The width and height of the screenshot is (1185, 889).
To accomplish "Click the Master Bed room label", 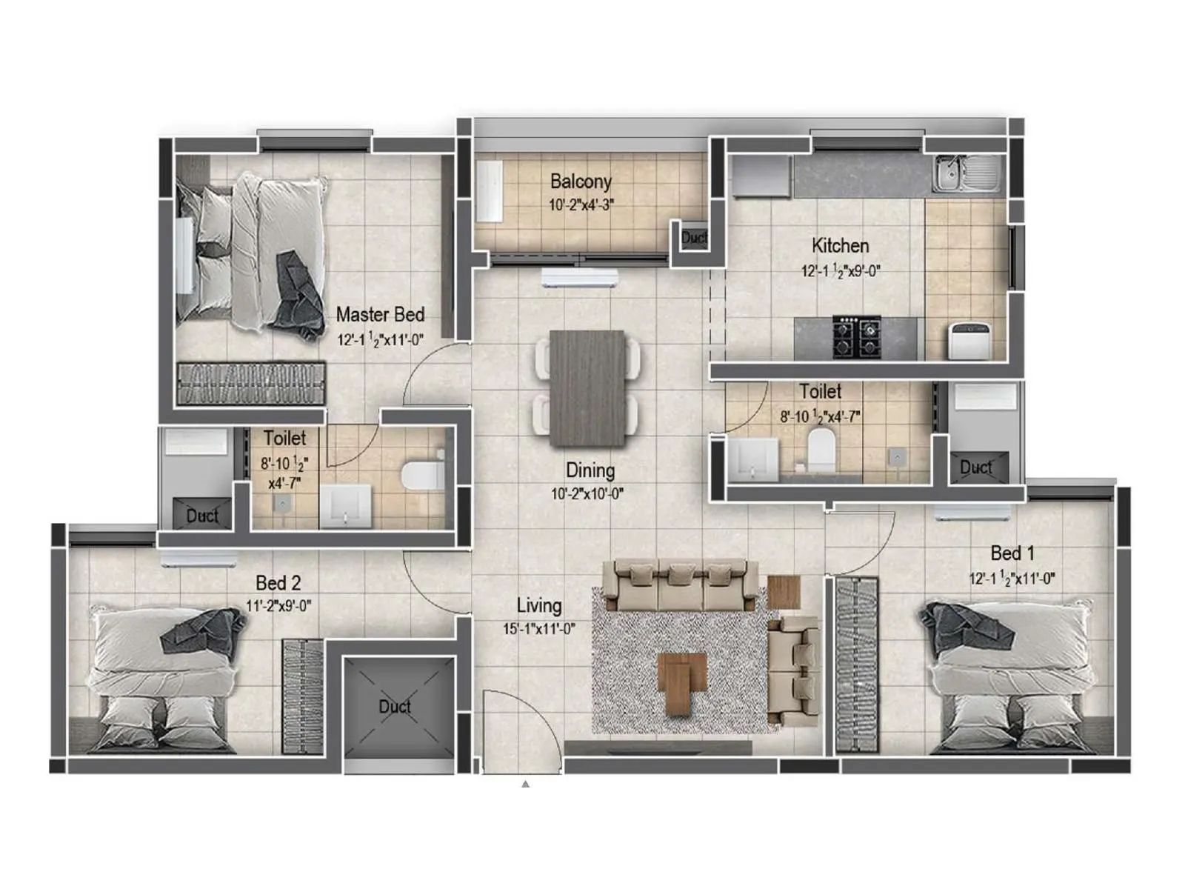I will coord(380,315).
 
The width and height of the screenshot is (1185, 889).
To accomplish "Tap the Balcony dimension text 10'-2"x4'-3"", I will coord(581,205).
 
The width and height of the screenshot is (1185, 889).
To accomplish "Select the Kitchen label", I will coord(840,245).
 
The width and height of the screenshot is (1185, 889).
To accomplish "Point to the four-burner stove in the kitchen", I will coord(857,336).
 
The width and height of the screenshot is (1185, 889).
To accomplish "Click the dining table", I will coord(587,387).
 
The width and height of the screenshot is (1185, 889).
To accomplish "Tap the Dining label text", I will coord(590,470).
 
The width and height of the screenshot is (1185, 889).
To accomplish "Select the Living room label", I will coord(538,606).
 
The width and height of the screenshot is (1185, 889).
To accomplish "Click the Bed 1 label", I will coord(1012,553).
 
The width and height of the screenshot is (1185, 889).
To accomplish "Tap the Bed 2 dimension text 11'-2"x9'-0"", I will coord(278,606).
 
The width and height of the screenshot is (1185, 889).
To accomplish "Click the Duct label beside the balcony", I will coord(694,238).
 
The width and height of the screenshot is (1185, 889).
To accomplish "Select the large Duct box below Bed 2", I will coord(397,706).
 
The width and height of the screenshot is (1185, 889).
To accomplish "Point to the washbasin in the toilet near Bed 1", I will coord(753,459).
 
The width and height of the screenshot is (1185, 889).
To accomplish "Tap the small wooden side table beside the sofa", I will coord(784,591).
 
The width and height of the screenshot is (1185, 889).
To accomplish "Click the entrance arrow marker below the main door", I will coord(525,783).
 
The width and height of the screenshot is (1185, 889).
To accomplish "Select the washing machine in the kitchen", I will coord(970,341).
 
